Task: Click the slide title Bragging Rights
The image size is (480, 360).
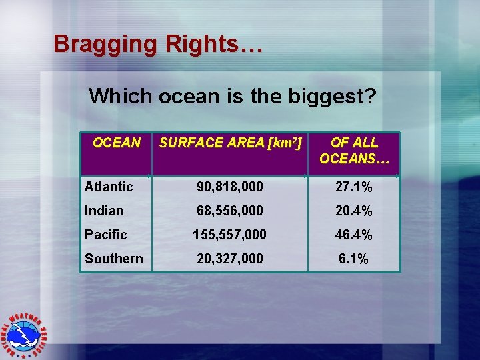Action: [158, 44]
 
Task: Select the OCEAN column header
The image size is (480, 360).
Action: [117, 143]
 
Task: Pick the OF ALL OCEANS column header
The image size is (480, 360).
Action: [354, 151]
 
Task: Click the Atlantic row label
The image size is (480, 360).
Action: [109, 187]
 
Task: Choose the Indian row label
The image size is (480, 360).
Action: [104, 211]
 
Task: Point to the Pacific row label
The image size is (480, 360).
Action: [105, 235]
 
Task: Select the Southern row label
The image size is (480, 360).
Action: [113, 259]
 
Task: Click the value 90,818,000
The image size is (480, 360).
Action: [230, 187]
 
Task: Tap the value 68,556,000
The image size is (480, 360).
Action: [230, 211]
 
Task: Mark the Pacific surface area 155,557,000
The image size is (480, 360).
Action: [230, 235]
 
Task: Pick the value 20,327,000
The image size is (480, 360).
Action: [230, 259]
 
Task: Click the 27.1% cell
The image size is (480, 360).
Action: [353, 187]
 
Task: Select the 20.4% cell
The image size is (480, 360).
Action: [353, 211]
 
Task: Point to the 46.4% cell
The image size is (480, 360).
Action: [353, 235]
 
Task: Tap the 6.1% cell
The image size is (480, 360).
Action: [353, 259]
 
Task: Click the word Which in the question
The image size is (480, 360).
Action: [121, 97]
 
